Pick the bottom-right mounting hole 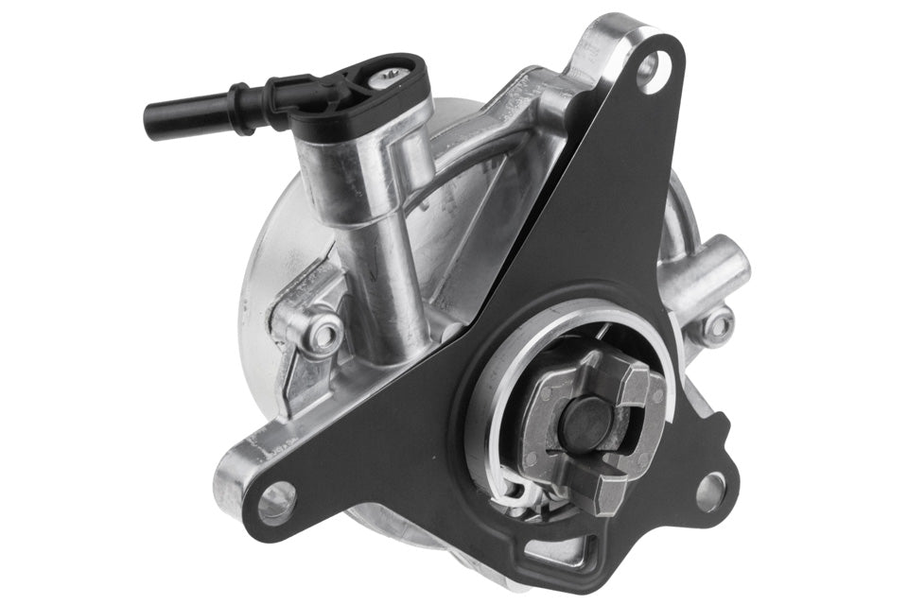710,492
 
